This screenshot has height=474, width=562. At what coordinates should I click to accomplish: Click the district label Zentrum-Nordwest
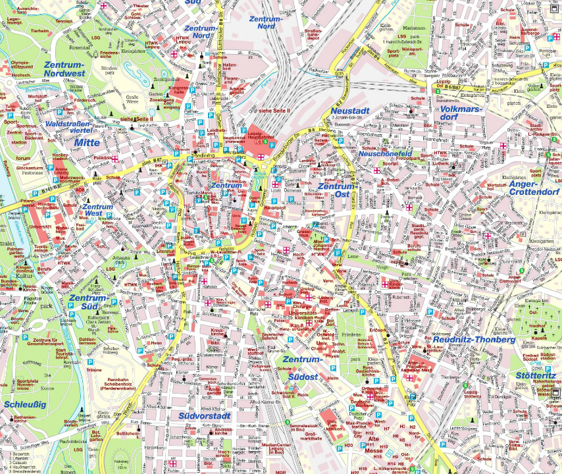click(65, 69)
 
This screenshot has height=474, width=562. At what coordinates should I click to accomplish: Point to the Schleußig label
click(25, 404)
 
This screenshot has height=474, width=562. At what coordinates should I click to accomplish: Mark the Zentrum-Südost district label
click(301, 367)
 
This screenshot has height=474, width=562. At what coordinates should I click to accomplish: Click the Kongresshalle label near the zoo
click(179, 90)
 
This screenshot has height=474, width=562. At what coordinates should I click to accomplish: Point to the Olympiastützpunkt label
click(21, 65)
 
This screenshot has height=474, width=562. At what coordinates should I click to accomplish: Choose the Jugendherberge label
click(511, 34)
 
